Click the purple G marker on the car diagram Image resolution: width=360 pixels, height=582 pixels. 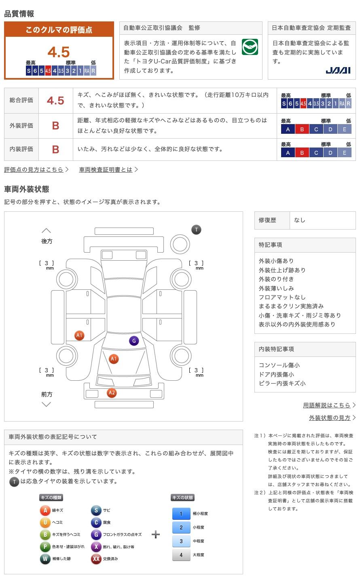134,341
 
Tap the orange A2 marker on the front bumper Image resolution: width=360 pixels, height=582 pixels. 112,393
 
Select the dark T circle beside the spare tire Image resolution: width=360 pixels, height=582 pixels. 196,230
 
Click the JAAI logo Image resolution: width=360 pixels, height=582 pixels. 338,70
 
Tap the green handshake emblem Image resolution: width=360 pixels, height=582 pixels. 250,47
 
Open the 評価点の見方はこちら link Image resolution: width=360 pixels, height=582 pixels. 34,170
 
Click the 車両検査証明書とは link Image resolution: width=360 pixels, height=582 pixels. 106,170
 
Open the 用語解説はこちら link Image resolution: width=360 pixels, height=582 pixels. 327,405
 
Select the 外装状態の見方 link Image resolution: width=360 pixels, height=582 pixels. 330,418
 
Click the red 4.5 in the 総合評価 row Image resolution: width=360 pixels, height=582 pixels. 55,101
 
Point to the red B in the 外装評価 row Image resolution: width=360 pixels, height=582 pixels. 55,126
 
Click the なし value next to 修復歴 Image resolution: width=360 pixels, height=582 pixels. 300,220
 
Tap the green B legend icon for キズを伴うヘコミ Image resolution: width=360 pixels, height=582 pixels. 45,535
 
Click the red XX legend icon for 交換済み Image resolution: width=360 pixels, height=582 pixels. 96,559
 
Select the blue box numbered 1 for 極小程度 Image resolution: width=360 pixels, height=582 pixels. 181,514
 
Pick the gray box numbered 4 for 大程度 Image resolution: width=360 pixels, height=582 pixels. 181,555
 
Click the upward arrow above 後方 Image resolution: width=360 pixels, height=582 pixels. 47,231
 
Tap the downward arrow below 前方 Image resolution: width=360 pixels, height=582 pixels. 47,404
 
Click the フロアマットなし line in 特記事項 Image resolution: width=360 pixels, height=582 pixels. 282,297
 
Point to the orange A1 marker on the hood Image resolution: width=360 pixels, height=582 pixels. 114,358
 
